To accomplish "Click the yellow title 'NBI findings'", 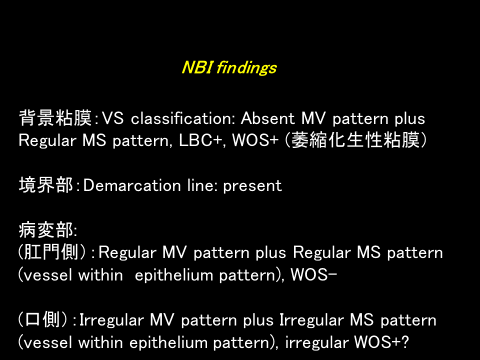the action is click(229, 67).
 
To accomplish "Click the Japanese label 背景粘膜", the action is click(55, 118).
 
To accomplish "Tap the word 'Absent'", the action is click(267, 118).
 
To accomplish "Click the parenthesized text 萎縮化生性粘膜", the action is click(355, 140).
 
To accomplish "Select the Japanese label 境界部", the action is click(46, 185).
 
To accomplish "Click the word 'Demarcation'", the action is click(132, 185).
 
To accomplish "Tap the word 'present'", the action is click(252, 186).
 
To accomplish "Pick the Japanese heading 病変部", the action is click(46, 230).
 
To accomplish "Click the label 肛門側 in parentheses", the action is click(52, 252).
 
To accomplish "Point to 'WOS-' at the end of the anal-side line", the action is click(314, 274).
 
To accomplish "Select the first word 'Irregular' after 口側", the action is click(111, 320).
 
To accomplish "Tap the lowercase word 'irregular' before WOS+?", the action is click(317, 342).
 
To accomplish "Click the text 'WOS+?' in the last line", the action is click(381, 342).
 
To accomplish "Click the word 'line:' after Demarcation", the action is click(202, 185).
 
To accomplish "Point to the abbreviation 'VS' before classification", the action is click(112, 118).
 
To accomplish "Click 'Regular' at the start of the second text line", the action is click(47, 141).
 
